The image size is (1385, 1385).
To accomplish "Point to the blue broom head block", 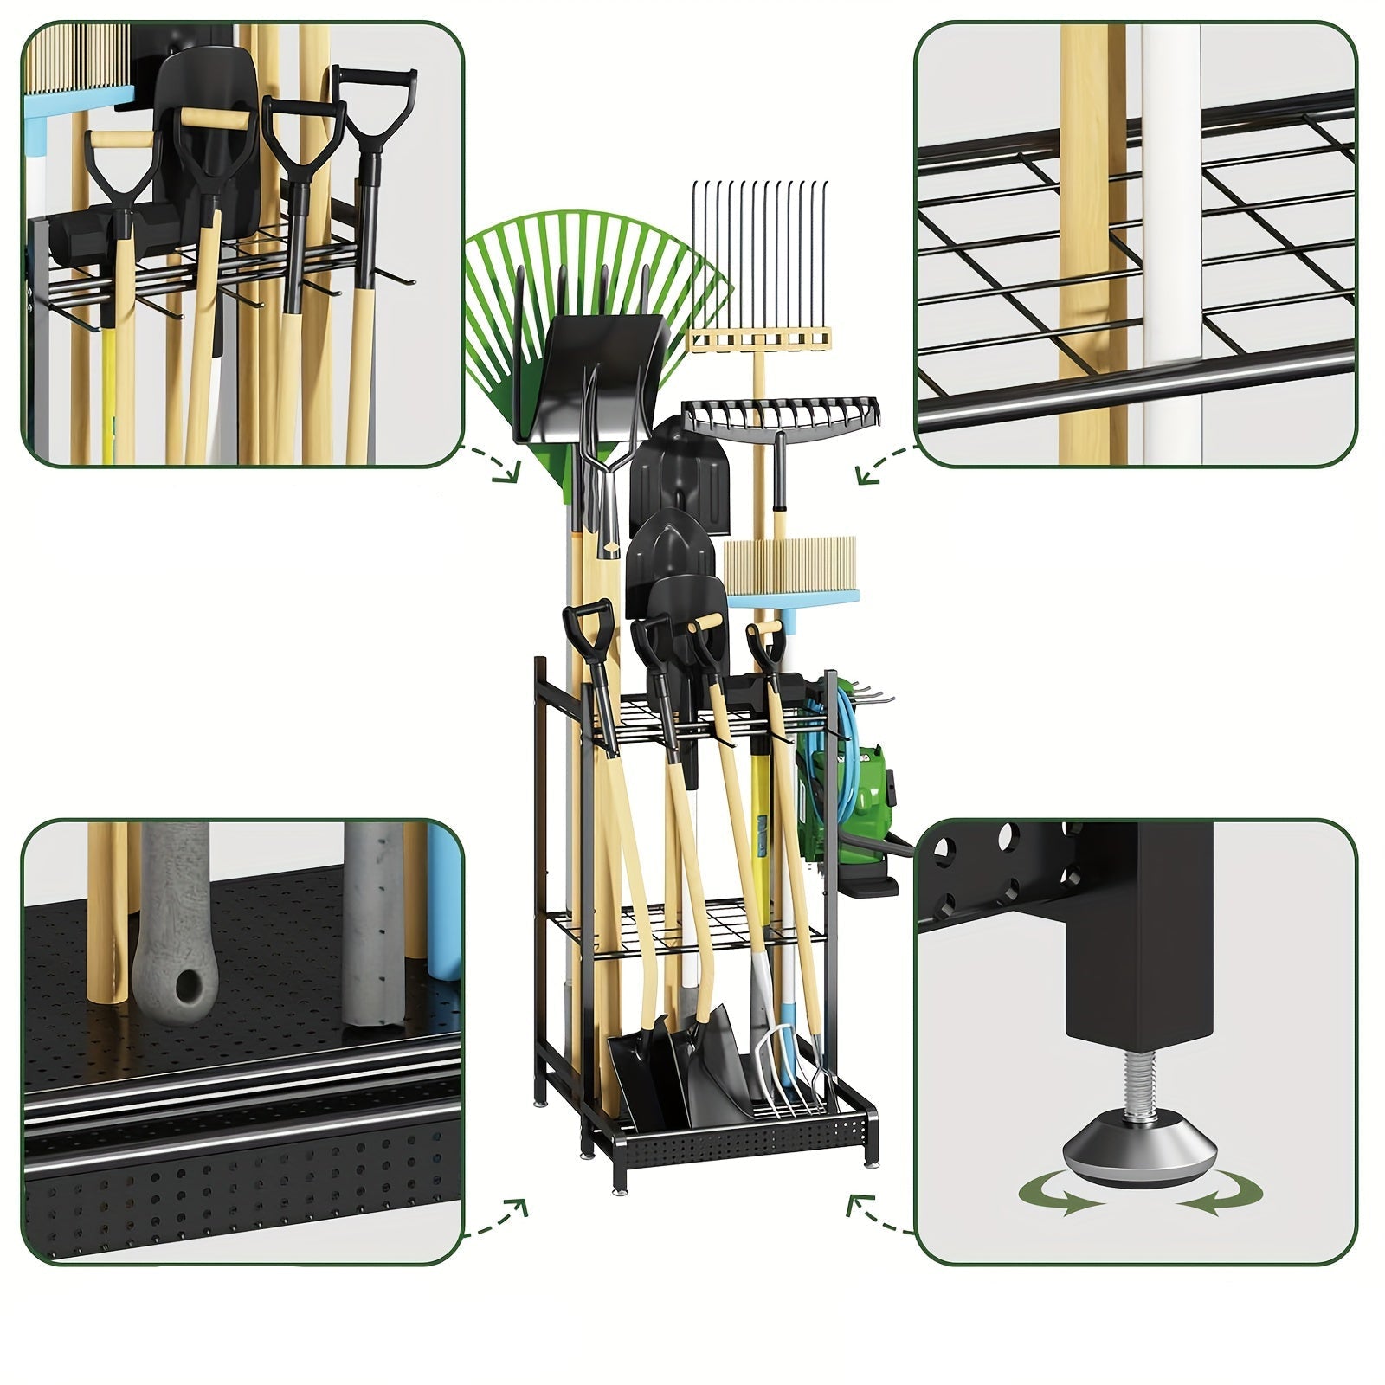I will coord(793,596).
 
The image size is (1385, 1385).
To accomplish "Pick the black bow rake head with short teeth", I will coord(779,415).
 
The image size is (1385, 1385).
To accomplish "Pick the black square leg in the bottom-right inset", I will coord(1137,935).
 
